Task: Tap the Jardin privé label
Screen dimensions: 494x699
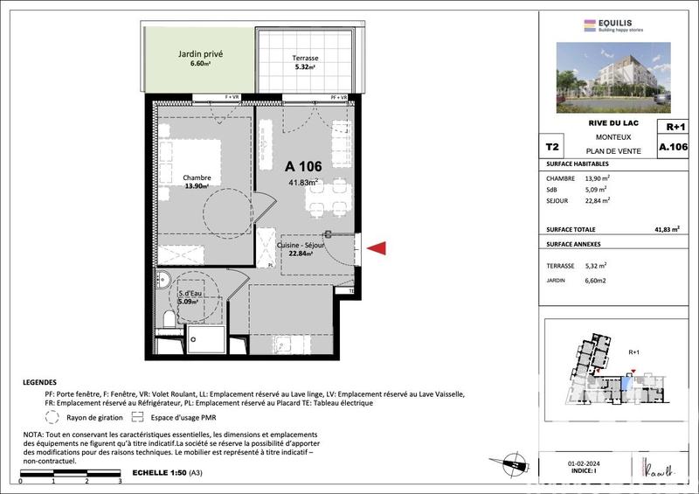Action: point(200,58)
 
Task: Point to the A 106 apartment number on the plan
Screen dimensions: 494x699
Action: point(303,166)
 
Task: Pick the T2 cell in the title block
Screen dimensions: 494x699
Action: point(552,148)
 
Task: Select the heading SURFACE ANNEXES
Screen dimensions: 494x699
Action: point(574,244)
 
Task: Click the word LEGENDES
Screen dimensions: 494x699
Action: point(41,382)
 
